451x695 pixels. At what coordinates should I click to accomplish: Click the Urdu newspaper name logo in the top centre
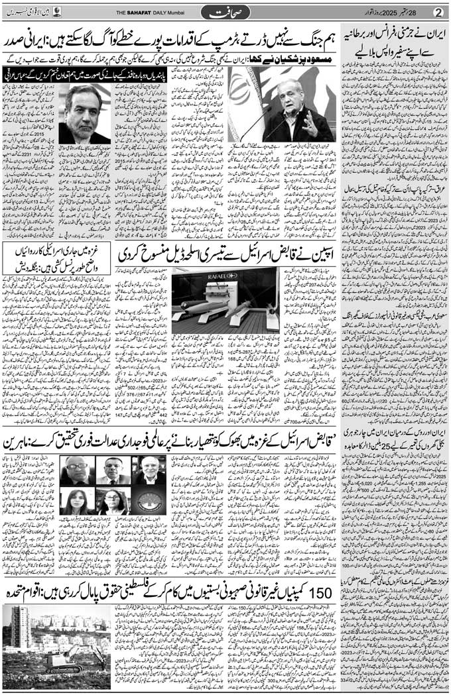coord(229,11)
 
